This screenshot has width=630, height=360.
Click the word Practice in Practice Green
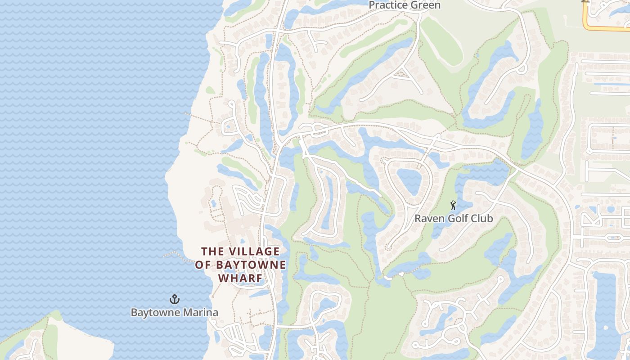(388, 5)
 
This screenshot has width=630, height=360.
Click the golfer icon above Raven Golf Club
(453, 206)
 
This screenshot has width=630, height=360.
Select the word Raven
(429, 219)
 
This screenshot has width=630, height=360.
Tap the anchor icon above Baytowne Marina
(174, 299)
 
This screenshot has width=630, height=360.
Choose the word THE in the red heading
(211, 251)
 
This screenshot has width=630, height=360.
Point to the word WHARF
(240, 278)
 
